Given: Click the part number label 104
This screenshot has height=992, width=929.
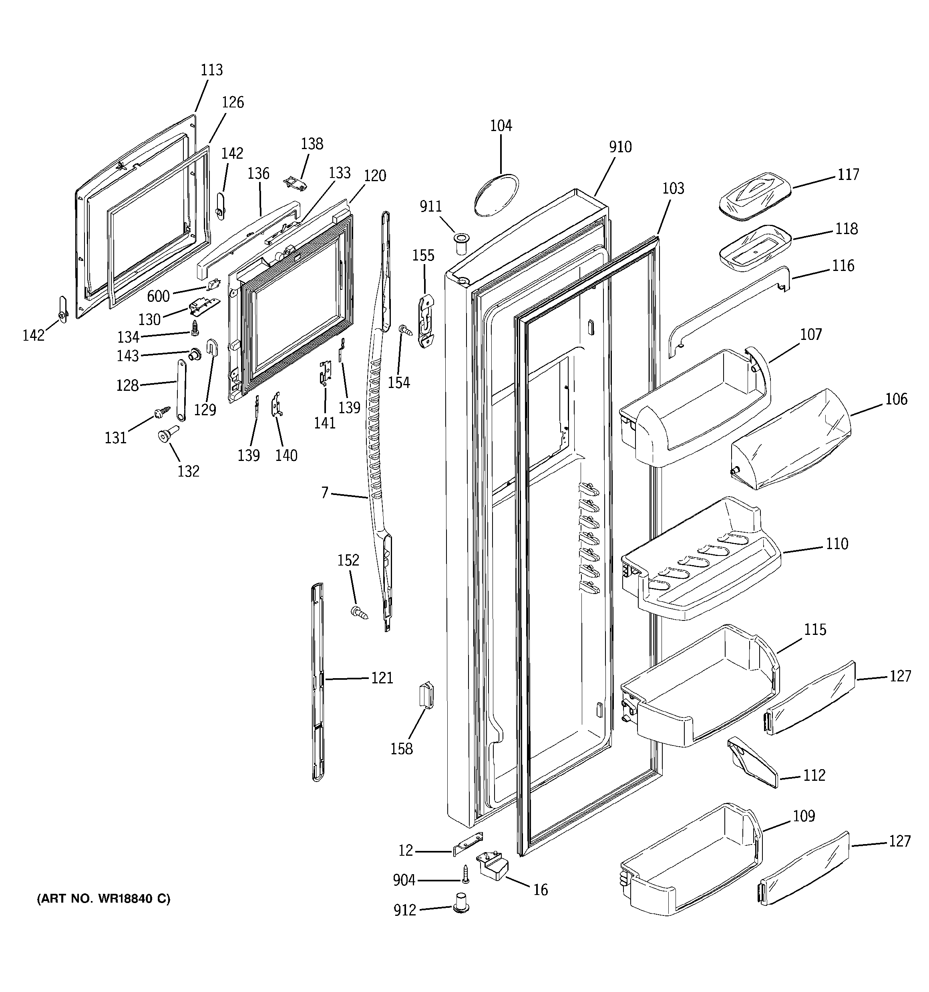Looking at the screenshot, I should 501,126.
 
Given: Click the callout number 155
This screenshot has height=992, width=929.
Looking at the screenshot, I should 423,255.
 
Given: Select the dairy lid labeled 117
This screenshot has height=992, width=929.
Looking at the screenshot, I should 755,195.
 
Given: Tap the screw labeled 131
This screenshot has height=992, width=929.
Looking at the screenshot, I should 163,411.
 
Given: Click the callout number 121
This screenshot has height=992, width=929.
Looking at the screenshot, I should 382,678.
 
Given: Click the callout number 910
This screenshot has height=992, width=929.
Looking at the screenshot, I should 620,147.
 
